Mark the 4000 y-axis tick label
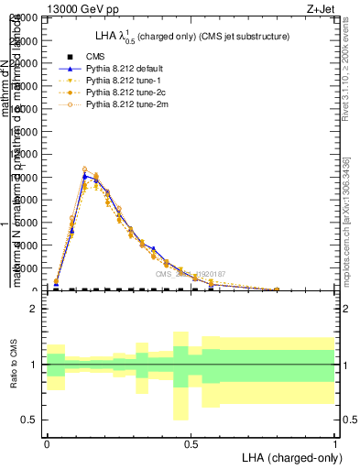coord(27,245)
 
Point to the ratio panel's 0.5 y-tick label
coord(30,420)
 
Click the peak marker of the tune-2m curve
coord(84,169)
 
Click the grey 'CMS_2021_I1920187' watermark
coord(190,273)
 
